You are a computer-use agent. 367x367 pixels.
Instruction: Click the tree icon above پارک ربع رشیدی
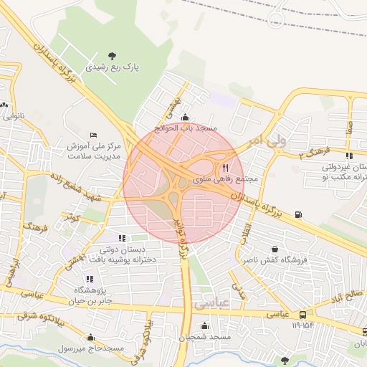pyautogui.click(x=111, y=55)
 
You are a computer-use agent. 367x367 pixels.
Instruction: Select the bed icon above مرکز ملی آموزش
pyautogui.click(x=93, y=135)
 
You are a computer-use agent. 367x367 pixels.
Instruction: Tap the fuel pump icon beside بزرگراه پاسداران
pyautogui.click(x=298, y=214)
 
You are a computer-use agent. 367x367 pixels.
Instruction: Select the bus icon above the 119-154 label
pyautogui.click(x=303, y=314)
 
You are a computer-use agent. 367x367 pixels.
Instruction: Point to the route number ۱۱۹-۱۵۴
pyautogui.click(x=304, y=325)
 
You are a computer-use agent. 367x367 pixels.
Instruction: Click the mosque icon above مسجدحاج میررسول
pyautogui.click(x=90, y=337)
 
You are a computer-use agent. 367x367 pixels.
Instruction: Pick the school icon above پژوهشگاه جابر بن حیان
pyautogui.click(x=90, y=279)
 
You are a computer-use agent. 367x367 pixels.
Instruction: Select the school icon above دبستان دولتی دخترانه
pyautogui.click(x=122, y=238)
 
